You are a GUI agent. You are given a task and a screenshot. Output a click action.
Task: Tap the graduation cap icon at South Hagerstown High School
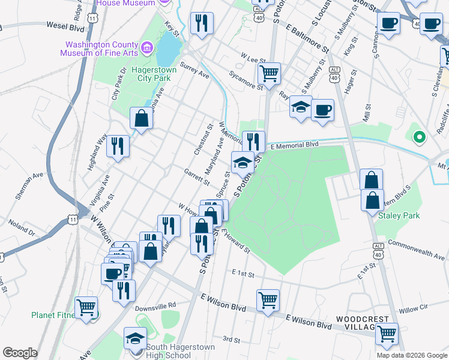tap(135, 337)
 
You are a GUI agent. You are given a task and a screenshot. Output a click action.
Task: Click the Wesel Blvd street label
tap(65, 26)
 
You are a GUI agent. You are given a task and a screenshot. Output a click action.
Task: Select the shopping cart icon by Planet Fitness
tap(86, 307)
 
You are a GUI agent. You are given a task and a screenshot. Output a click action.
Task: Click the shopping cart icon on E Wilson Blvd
tap(267, 299)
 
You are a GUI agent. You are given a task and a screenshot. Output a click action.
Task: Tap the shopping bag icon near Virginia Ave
tap(141, 117)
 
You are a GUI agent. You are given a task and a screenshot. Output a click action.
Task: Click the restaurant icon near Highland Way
tap(118, 145)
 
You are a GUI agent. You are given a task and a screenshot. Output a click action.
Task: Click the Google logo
tap(20, 353)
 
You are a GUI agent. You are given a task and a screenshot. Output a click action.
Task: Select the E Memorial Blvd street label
tap(294, 145)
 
